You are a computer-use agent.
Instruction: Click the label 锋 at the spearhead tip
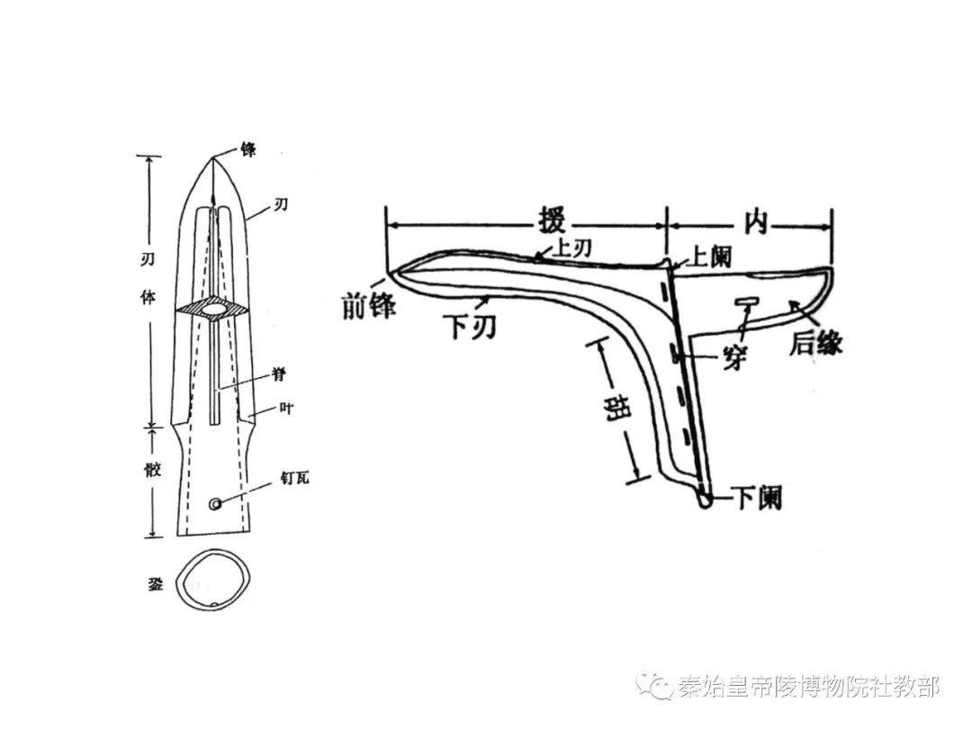point(248,148)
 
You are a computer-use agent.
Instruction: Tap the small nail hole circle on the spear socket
point(215,505)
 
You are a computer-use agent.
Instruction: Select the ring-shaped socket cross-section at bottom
point(211,583)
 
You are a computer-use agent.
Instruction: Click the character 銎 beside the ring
point(155,583)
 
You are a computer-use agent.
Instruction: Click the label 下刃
point(469,328)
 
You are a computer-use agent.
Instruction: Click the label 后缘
point(815,342)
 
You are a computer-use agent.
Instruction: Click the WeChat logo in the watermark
point(655,687)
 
